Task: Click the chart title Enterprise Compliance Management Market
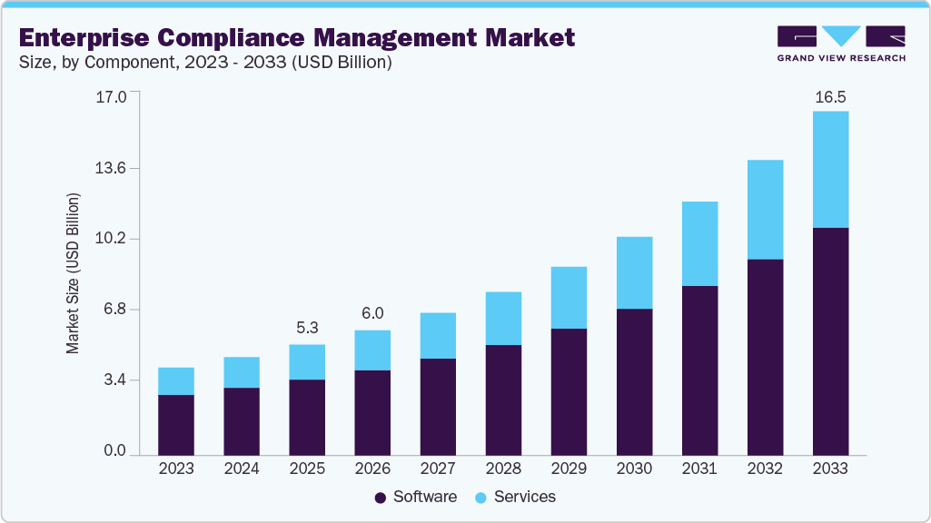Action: coord(296,37)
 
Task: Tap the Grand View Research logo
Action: coord(841,43)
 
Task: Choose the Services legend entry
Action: coord(518,497)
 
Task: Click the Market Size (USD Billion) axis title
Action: coord(73,273)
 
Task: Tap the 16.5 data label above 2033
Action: coord(830,96)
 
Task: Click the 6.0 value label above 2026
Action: coord(372,313)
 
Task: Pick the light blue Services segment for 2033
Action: coord(830,169)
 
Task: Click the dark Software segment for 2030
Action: coord(634,381)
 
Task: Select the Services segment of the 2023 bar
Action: coord(176,380)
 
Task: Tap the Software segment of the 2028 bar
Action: coord(503,400)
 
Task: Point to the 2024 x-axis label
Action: coord(242,469)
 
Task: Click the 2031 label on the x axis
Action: coord(699,469)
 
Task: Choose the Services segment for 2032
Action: coord(765,209)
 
